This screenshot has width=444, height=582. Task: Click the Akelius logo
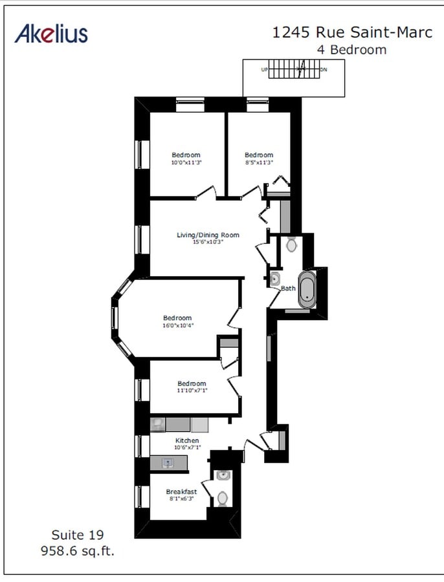point(51,33)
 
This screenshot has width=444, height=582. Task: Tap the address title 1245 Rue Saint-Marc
point(352,33)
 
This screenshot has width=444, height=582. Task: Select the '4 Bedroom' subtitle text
point(351,50)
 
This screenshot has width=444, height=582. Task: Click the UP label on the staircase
point(264,69)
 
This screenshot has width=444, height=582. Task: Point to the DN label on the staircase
point(324,69)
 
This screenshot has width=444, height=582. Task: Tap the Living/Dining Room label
point(208,235)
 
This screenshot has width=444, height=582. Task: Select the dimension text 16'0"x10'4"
point(178,325)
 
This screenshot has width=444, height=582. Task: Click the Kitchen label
point(186,440)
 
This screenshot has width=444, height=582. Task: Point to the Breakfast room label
point(181,491)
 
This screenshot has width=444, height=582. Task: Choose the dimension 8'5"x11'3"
point(258,163)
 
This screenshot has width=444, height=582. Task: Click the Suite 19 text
point(77,535)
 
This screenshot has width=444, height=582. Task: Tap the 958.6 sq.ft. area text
point(77,551)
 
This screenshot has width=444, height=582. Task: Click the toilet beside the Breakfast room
point(222,498)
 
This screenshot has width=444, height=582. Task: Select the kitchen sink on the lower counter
point(168,463)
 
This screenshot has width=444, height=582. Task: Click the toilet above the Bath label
point(291,244)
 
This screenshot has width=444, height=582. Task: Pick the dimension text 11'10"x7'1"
point(192,391)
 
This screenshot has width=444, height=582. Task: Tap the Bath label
point(287,288)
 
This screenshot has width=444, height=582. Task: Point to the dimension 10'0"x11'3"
point(186,163)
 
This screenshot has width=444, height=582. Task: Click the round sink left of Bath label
point(274,279)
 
